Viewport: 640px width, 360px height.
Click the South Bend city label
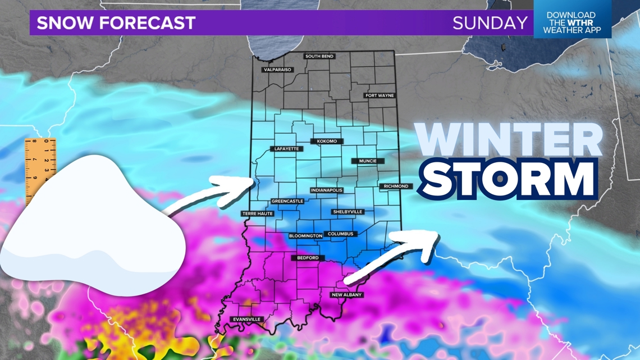point(319,56)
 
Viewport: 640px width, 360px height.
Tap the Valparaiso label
point(277,70)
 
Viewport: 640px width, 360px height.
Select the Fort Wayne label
point(380,95)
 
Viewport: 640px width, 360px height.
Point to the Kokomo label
point(326,141)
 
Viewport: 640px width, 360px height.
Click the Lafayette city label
point(286,149)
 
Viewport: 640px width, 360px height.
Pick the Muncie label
point(368,161)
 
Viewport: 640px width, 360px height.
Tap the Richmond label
point(396,186)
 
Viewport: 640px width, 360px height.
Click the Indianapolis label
point(326,190)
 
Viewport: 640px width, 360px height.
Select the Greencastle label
point(287,201)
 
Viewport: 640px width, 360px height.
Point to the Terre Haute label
point(257,214)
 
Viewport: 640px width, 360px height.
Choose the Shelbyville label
point(348,212)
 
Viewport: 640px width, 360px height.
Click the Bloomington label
point(306,236)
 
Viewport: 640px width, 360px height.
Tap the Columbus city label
point(340,234)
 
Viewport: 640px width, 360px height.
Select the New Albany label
point(346,295)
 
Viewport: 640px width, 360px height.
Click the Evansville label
point(247,320)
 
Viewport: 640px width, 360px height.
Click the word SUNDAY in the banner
point(490,23)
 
